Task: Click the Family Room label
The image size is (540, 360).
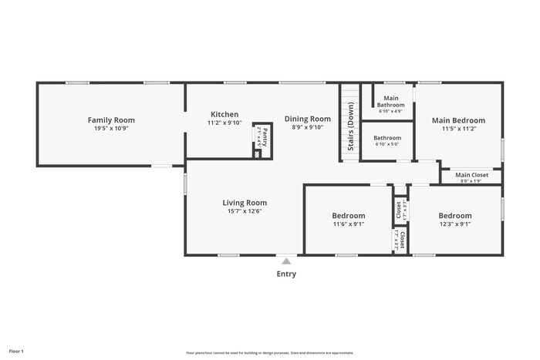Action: [111, 119]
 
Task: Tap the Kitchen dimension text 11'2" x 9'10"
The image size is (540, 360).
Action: [224, 123]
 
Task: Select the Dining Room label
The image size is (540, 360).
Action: [307, 119]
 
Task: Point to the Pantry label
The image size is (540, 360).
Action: [263, 140]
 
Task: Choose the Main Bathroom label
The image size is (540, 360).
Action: [391, 101]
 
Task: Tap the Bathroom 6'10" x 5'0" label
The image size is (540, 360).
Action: [388, 140]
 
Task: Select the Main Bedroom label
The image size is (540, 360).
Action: [458, 120]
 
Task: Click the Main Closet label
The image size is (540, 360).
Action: [471, 175]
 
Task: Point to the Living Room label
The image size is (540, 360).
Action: [245, 203]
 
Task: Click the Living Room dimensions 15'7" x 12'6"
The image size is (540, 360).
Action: [245, 211]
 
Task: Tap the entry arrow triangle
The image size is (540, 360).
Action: [286, 261]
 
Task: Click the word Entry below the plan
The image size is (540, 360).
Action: [286, 274]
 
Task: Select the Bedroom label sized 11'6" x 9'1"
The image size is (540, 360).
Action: [349, 216]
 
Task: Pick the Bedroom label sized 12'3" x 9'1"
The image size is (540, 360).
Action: [455, 216]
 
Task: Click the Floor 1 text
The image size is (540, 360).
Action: [17, 352]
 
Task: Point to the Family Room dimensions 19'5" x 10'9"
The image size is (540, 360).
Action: [111, 129]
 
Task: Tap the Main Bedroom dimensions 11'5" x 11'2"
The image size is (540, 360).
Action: [458, 130]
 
